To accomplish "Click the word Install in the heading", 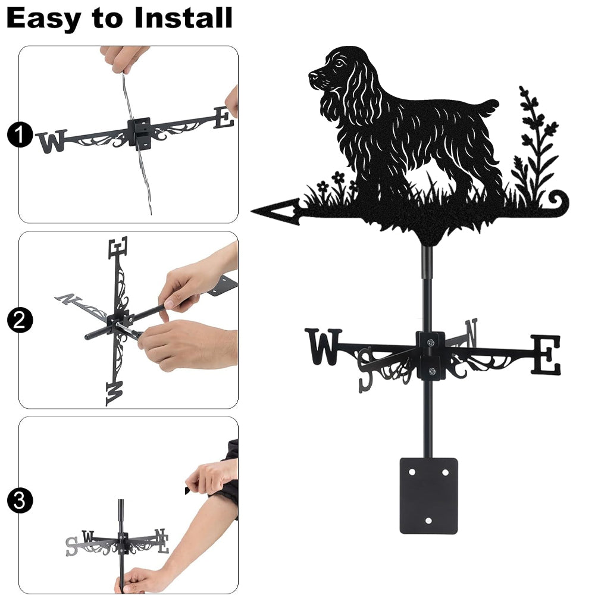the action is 183,18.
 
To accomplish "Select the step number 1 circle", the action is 20,135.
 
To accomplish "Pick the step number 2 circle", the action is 20,320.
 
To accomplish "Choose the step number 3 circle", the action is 20,500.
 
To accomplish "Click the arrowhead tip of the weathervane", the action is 252,211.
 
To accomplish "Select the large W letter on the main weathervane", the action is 323,346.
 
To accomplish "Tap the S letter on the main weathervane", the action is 366,370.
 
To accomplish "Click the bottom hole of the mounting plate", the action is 428,521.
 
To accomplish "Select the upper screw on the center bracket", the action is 430,343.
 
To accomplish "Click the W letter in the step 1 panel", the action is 52,141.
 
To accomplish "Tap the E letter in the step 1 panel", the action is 224,117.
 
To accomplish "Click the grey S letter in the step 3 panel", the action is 71,546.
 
